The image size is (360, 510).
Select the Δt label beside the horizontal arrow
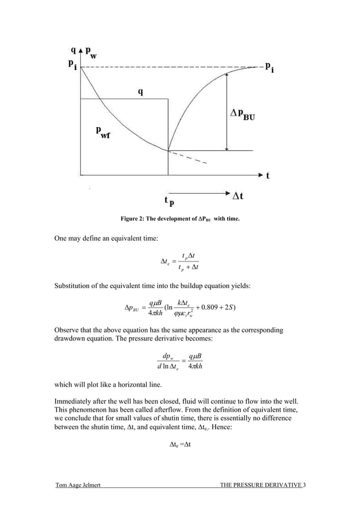[x=239, y=195]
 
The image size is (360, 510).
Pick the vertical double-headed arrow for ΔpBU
[x=227, y=111]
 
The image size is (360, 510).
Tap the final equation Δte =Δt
[x=181, y=444]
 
